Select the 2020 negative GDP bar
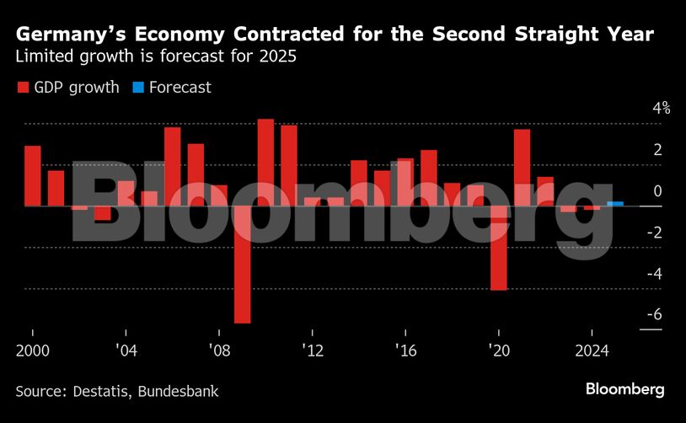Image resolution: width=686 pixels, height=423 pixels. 499,248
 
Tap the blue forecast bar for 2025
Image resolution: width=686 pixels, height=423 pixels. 615,203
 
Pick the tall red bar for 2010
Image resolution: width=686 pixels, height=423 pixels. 265,162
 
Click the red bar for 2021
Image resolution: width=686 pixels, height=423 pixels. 523,167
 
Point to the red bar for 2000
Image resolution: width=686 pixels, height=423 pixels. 33,175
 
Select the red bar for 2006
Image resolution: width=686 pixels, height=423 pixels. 173,166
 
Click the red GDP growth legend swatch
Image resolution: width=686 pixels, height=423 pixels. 23,88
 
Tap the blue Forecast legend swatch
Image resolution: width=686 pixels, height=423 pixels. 137,88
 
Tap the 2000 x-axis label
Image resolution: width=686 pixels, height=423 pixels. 31,351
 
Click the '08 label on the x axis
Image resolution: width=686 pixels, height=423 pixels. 219,351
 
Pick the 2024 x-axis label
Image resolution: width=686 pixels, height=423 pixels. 592,351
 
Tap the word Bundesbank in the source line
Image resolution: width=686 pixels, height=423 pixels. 181,391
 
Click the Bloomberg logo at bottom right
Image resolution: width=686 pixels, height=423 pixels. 625,389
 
